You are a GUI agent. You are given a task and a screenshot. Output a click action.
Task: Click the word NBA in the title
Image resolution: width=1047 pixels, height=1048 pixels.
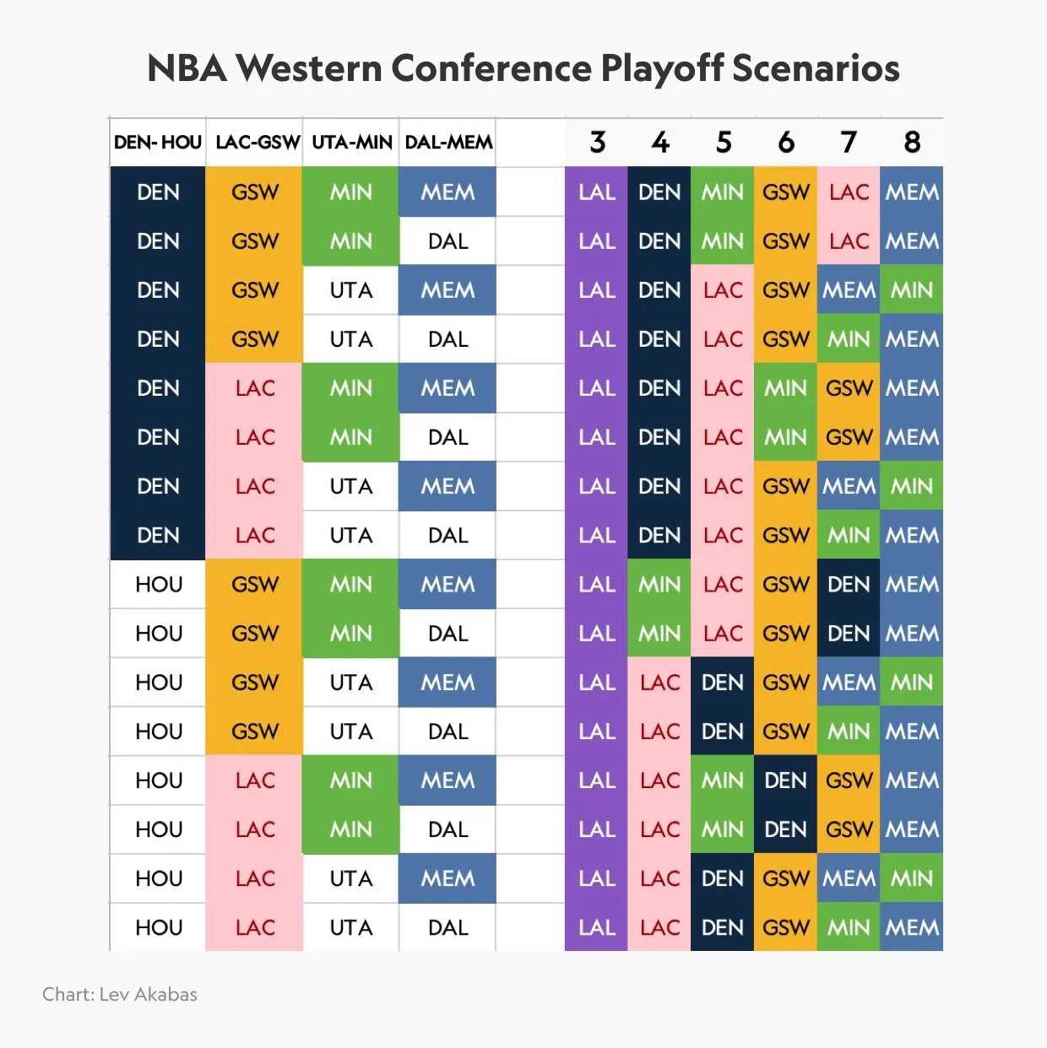point(187,68)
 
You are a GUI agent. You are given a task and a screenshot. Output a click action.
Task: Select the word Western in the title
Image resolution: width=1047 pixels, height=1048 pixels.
point(308,68)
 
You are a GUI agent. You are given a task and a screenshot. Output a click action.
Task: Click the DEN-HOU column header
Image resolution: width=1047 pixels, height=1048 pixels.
point(158,143)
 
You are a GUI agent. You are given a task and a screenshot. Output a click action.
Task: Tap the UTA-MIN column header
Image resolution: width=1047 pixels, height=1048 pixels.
point(352,143)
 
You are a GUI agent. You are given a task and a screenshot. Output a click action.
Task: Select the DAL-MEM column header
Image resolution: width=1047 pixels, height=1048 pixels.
point(448,143)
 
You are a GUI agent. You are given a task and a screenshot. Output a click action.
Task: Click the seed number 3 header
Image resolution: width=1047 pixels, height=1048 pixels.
point(597,142)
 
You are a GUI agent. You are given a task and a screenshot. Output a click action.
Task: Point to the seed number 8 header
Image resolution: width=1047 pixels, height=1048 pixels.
point(912,142)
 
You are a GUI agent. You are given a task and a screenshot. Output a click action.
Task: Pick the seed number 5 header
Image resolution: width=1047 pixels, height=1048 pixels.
point(724,142)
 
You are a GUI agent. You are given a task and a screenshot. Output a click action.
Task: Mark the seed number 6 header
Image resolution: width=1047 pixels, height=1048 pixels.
point(786,142)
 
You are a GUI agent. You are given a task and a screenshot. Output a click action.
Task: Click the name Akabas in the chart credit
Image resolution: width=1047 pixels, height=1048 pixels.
point(165,995)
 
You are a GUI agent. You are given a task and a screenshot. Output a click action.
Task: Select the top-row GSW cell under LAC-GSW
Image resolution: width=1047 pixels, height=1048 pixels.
point(255,192)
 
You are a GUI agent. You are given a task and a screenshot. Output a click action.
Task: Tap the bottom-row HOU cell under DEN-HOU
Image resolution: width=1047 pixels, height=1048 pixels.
point(159,927)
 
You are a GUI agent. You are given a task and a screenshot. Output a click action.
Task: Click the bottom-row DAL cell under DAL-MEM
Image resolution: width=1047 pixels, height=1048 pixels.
point(448,927)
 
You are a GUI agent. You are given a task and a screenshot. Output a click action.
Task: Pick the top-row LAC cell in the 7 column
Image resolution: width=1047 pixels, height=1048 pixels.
point(849,192)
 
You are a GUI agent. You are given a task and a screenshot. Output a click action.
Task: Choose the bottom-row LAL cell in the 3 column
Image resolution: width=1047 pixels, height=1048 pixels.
point(597,927)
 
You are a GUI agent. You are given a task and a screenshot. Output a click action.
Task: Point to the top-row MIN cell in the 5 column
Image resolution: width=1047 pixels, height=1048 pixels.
point(723,192)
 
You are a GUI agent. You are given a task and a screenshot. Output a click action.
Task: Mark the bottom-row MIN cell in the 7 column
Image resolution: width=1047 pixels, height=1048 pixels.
point(849,927)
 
